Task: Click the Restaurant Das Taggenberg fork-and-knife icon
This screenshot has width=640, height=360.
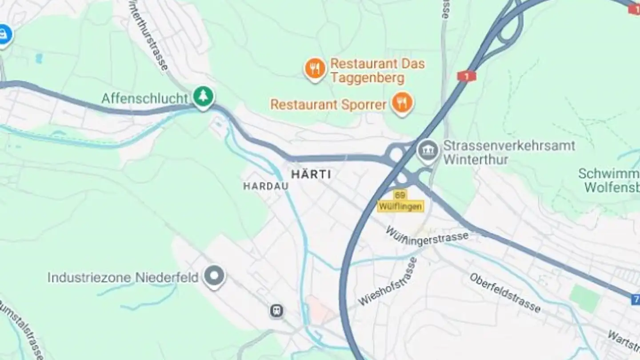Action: (315, 69)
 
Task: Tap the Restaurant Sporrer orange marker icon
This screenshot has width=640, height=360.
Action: (402, 104)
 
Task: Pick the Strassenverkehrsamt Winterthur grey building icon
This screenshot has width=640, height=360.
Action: (428, 152)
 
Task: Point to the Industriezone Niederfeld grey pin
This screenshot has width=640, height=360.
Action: (214, 276)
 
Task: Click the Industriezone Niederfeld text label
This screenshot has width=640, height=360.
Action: (123, 278)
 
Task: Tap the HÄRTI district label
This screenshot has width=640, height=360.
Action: (311, 174)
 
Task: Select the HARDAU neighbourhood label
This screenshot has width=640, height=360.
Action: (266, 186)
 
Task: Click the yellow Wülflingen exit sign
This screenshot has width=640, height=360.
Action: (400, 206)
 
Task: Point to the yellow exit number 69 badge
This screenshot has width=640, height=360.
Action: (400, 195)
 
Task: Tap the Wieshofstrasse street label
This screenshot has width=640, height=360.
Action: (388, 281)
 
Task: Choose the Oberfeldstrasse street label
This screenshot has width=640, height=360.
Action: (505, 293)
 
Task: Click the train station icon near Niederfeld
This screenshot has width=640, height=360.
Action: (276, 311)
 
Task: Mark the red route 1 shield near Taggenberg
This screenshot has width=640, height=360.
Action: (467, 76)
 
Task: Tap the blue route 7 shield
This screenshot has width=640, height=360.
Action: (635, 300)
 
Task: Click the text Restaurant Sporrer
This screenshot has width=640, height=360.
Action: (328, 105)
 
